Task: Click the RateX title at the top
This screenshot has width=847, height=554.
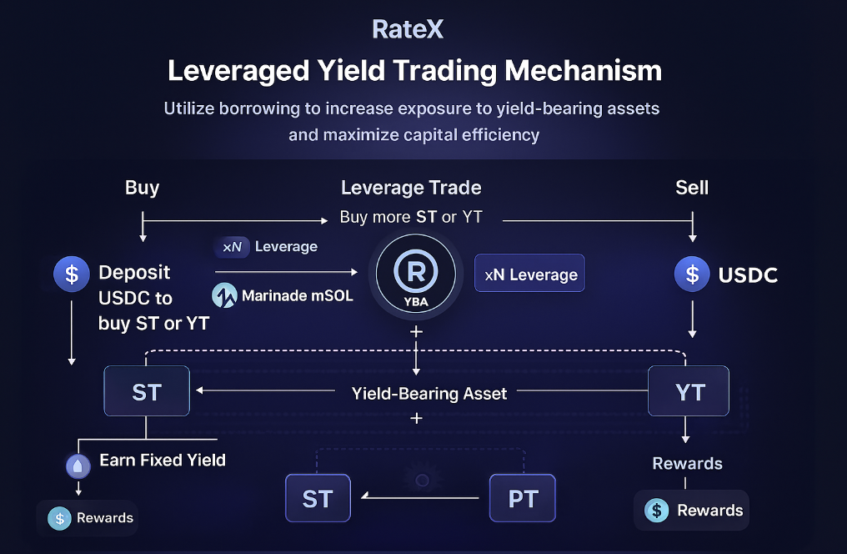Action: (408, 30)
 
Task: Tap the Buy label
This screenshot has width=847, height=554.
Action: (142, 187)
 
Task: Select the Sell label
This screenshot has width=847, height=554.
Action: (692, 187)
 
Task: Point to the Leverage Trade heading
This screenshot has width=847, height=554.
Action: (411, 188)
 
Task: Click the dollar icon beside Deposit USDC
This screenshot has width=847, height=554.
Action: (72, 274)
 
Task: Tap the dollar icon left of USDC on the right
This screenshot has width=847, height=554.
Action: (692, 274)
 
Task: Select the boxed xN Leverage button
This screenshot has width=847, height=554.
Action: (529, 274)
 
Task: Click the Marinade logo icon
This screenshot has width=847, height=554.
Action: (224, 295)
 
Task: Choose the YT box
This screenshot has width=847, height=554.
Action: (689, 391)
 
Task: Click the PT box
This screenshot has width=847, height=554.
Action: (522, 499)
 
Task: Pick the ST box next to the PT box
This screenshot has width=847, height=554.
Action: (318, 499)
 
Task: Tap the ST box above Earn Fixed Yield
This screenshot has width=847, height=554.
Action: (147, 391)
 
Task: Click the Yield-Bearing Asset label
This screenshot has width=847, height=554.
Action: (429, 393)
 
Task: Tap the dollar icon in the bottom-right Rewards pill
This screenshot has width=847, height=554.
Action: (658, 511)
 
